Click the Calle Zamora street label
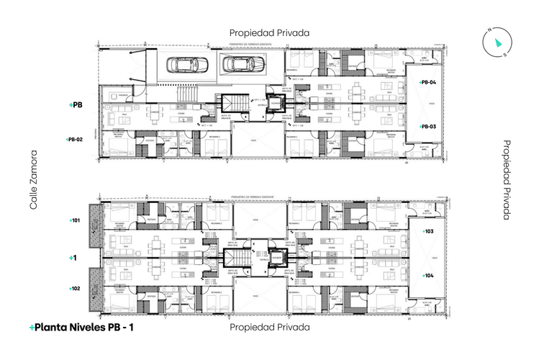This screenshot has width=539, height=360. (32, 180)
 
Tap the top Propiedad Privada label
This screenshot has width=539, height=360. (269, 33)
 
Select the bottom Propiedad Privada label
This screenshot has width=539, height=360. (269, 327)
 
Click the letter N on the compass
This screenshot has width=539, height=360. (489, 30)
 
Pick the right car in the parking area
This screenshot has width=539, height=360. (237, 65)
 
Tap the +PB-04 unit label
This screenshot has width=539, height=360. (428, 83)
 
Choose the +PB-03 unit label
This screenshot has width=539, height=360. (428, 127)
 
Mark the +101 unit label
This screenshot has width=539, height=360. (75, 220)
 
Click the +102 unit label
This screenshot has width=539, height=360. (75, 288)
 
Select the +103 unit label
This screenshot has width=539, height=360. (427, 232)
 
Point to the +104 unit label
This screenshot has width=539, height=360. (427, 276)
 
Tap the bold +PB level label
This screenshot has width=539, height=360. (76, 105)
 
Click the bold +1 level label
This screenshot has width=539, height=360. (73, 257)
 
